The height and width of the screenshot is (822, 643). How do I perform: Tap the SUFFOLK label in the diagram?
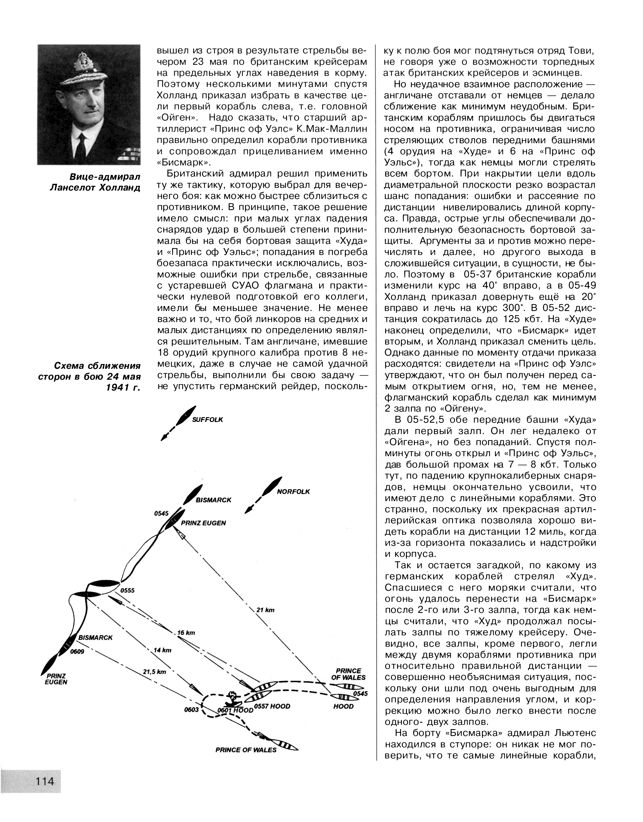[x=207, y=420]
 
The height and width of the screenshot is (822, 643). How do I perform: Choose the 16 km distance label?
[x=186, y=633]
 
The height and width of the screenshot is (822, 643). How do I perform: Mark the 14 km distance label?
[x=162, y=650]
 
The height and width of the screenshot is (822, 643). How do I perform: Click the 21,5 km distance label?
[x=155, y=671]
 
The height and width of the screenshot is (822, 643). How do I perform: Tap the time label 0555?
[x=127, y=591]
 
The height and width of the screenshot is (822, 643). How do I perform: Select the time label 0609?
[x=77, y=652]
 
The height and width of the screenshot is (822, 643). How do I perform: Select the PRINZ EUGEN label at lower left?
[x=55, y=679]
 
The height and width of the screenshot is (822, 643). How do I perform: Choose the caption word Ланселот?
[x=72, y=187]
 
